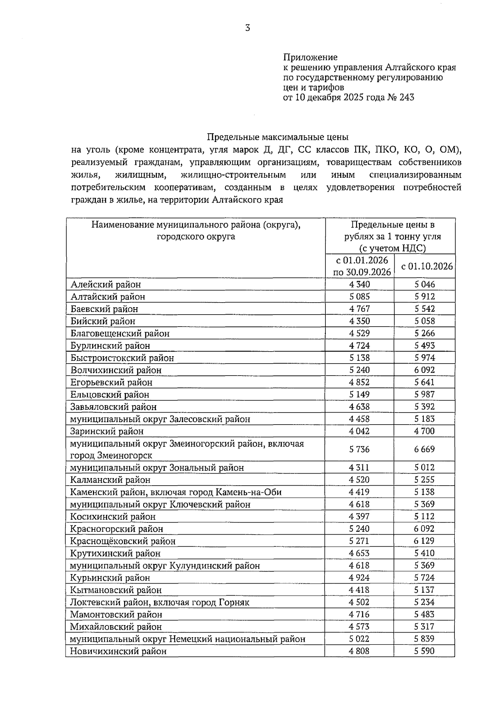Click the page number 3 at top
[248, 28]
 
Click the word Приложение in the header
[310, 57]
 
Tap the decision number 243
[407, 98]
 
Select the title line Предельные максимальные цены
[278, 137]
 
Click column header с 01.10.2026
[427, 266]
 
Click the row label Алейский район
[106, 284]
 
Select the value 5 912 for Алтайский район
[424, 296]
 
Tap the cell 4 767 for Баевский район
[359, 309]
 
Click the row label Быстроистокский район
[122, 358]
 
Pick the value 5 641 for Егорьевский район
[424, 382]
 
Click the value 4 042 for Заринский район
[359, 431]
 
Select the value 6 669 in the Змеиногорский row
[424, 449]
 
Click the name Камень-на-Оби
[249, 492]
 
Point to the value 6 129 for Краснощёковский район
[424, 541]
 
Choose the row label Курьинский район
[110, 578]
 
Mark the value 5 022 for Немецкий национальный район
[359, 639]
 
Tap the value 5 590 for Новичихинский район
[424, 651]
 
